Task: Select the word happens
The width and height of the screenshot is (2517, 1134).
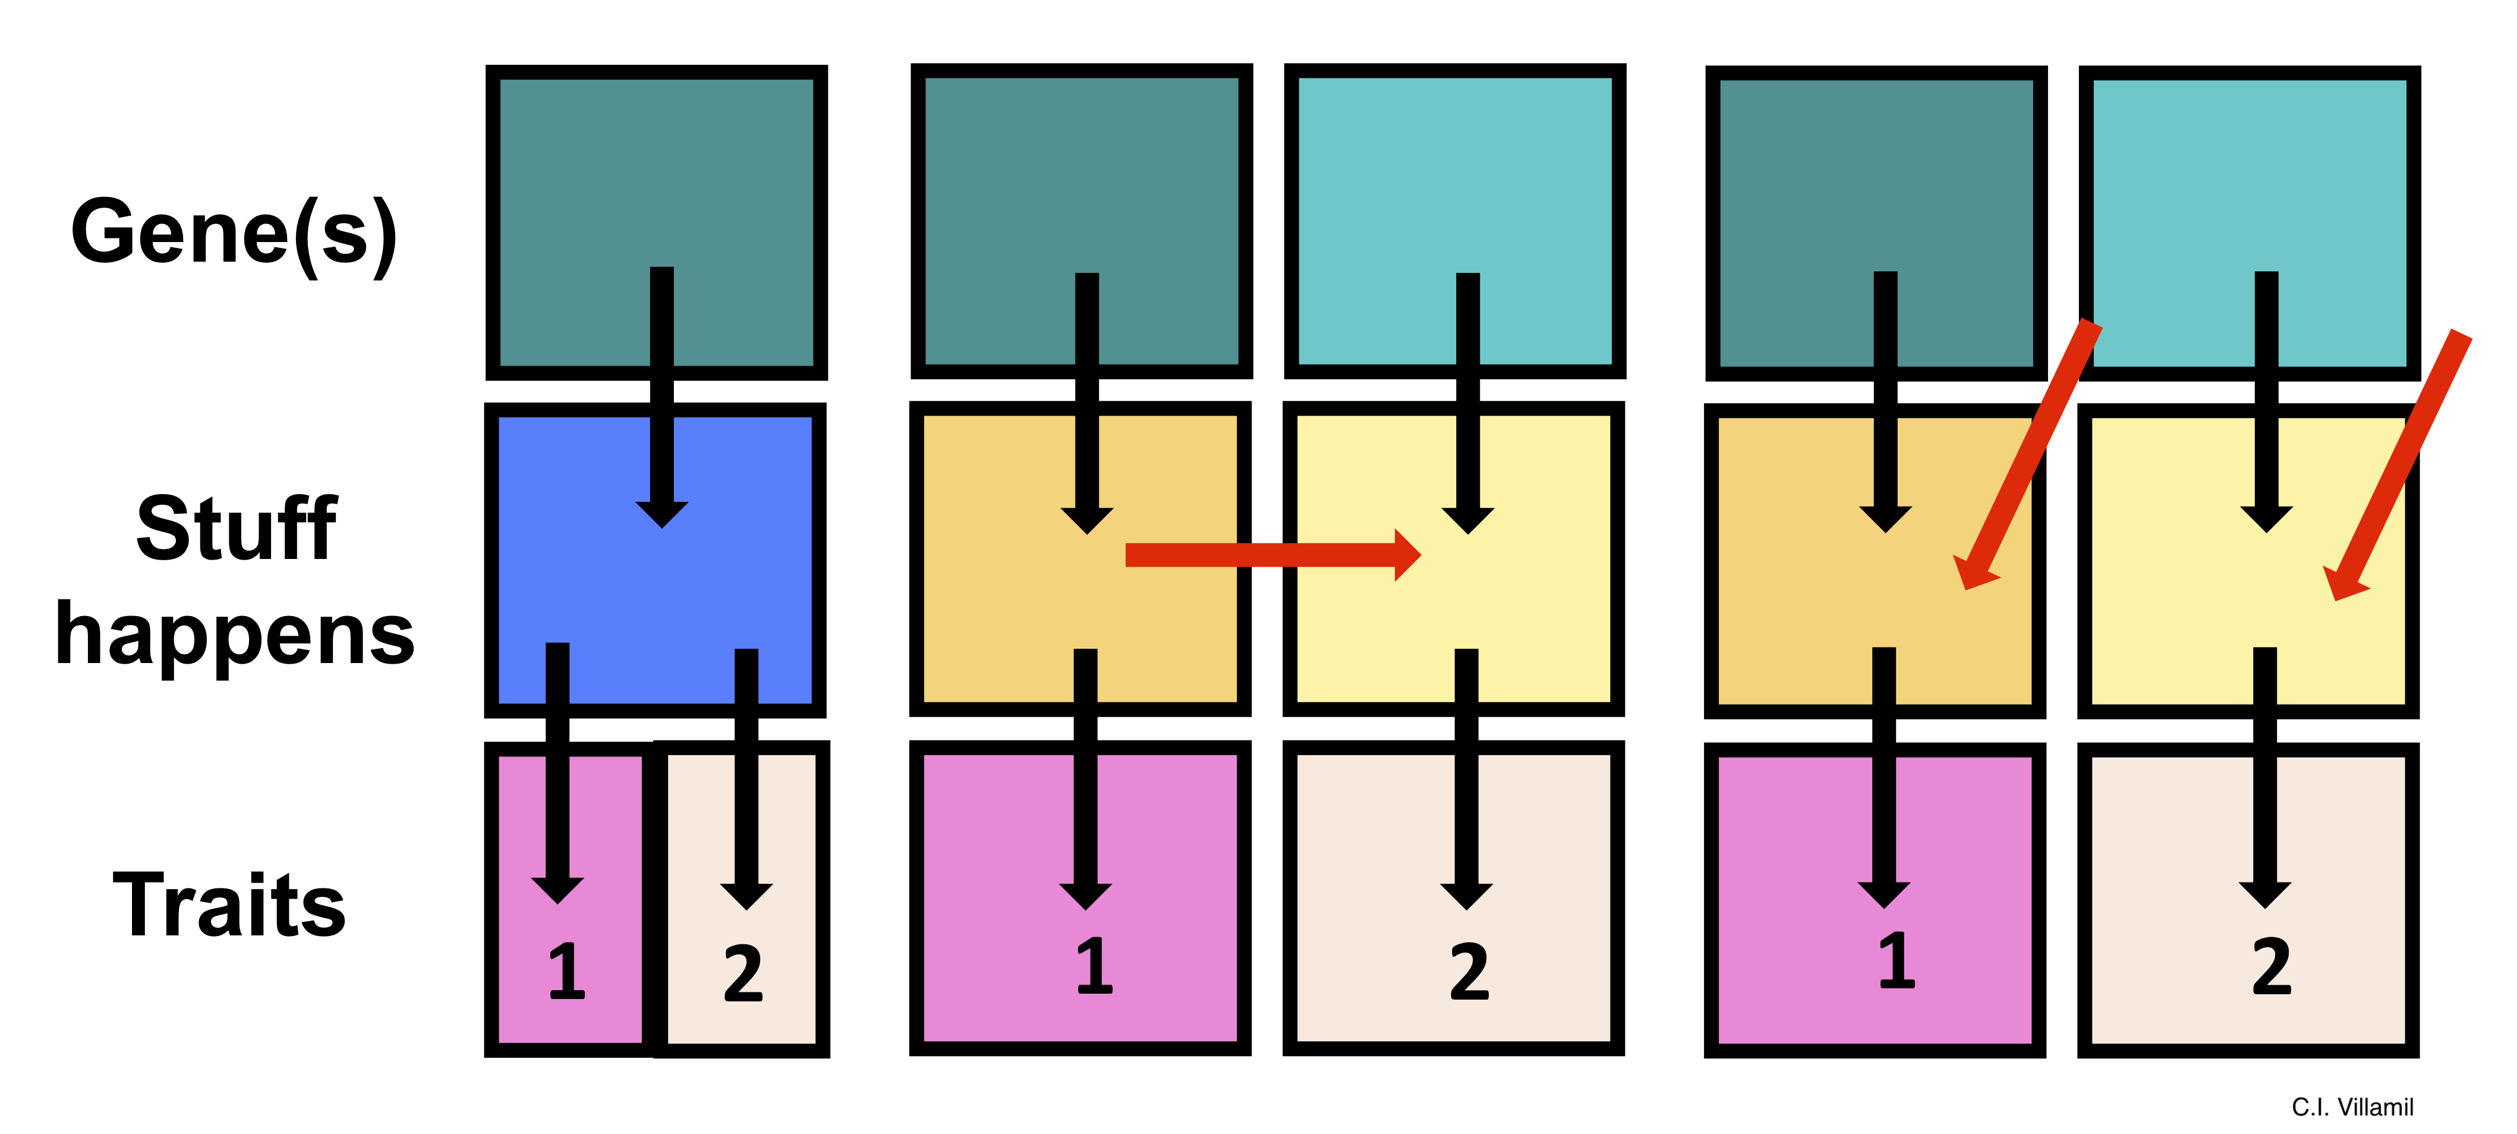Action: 235,633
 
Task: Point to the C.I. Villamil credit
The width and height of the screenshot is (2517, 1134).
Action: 2352,1107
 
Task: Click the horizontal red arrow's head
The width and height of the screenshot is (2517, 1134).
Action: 1407,555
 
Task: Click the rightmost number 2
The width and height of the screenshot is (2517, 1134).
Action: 2272,968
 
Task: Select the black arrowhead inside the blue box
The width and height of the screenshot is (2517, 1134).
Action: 663,513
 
